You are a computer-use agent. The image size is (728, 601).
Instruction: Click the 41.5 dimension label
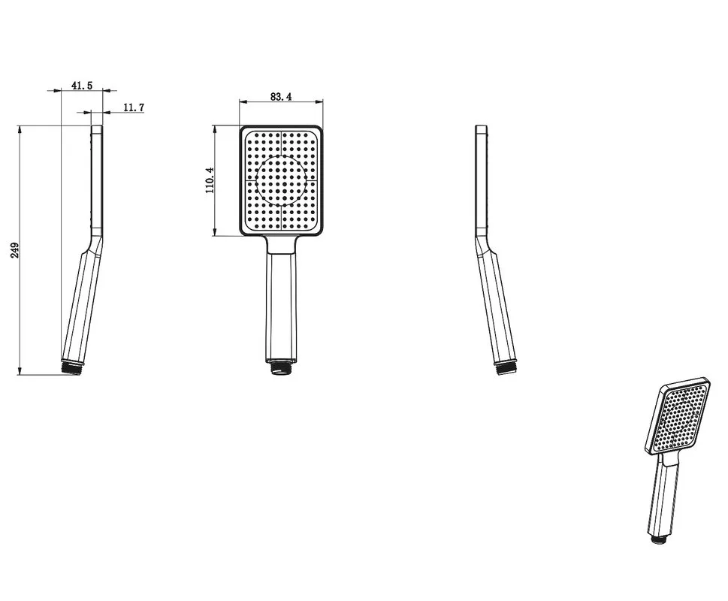point(82,86)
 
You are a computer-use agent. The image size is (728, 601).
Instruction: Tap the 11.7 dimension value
point(134,107)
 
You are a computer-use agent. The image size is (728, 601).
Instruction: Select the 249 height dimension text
point(14,250)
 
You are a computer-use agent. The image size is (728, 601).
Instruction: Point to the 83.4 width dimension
point(281,96)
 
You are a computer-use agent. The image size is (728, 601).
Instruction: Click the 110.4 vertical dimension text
point(210,180)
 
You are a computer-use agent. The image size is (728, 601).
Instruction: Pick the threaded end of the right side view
point(505,368)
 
